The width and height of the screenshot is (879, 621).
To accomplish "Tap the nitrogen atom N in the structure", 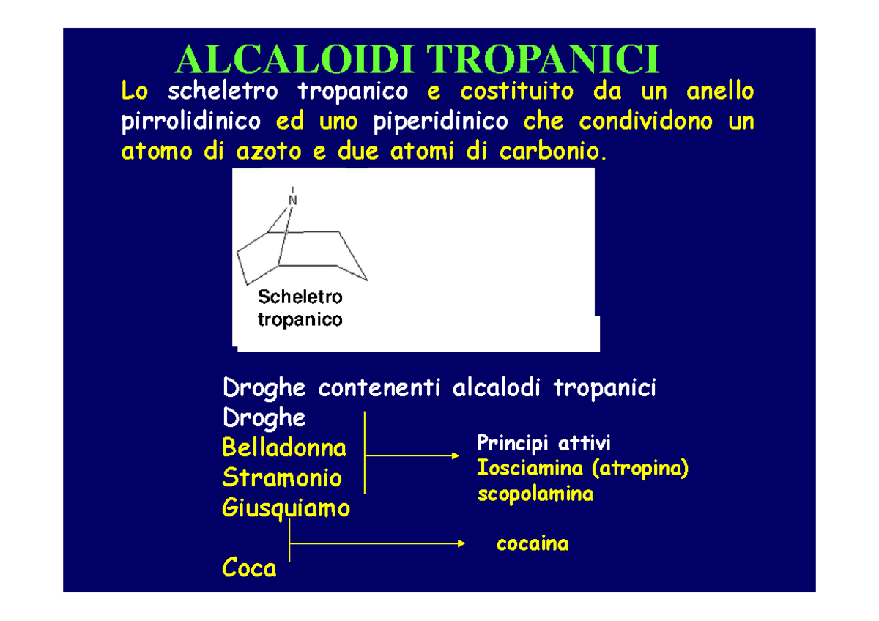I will (x=293, y=199).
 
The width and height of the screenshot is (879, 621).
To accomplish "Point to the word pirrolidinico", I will (x=190, y=122).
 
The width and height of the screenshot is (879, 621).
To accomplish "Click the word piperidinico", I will (x=440, y=122).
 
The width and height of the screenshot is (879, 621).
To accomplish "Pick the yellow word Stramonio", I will (x=282, y=478).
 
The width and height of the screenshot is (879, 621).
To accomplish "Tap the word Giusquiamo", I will (x=286, y=508).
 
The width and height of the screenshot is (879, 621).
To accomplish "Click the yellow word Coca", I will (x=249, y=568).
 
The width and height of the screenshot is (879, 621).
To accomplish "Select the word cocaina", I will (x=533, y=543).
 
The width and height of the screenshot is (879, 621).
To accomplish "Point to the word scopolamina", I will (x=535, y=494).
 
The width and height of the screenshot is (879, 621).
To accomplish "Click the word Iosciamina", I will (x=530, y=468).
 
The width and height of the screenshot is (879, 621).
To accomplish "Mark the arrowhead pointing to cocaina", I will (x=461, y=543).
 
